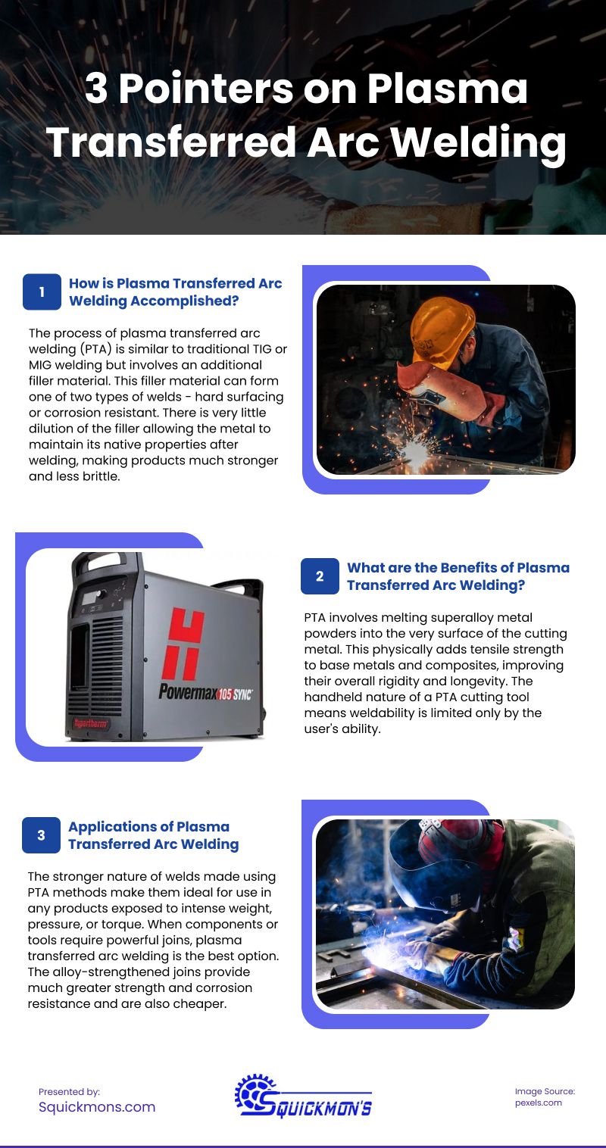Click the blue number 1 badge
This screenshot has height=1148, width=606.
pyautogui.click(x=42, y=292)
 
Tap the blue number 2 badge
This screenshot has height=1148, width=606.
pyautogui.click(x=320, y=576)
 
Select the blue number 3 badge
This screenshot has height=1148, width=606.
pyautogui.click(x=41, y=835)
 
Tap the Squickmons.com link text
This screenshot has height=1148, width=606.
pyautogui.click(x=97, y=1106)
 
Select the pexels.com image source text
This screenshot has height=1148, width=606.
pyautogui.click(x=538, y=1103)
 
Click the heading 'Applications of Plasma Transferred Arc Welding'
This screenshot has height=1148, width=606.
pyautogui.click(x=153, y=835)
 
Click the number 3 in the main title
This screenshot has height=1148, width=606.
pyautogui.click(x=96, y=90)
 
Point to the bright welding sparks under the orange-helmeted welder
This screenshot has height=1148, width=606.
pyautogui.click(x=414, y=452)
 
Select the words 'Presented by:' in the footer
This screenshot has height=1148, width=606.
pyautogui.click(x=69, y=1091)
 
